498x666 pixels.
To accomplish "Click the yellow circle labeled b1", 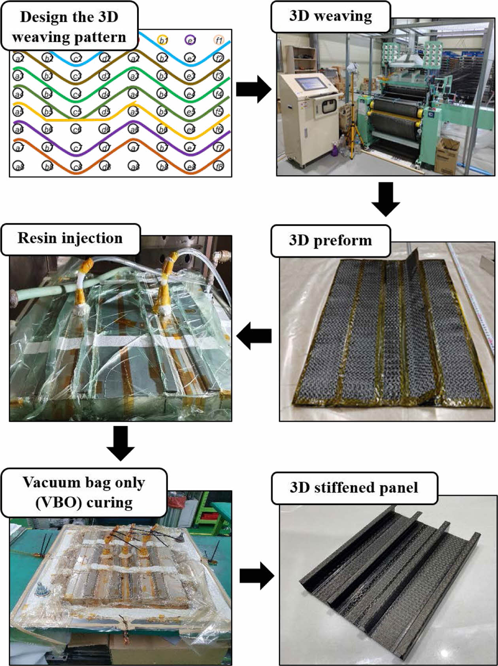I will pyautogui.click(x=163, y=40).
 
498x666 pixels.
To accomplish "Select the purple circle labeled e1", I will pyautogui.click(x=191, y=40).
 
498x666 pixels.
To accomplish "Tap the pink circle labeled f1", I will pyautogui.click(x=219, y=40).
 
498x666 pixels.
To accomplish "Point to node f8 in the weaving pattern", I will pyautogui.click(x=219, y=166).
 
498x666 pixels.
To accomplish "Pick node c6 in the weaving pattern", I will pyautogui.click(x=76, y=129).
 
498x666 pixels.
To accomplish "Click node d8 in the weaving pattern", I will pyautogui.click(x=105, y=166).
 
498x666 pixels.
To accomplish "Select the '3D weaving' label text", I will pyautogui.click(x=330, y=16).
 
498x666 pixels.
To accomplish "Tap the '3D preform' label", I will pyautogui.click(x=330, y=240).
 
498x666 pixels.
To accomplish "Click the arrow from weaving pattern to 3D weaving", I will pyautogui.click(x=253, y=89).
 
